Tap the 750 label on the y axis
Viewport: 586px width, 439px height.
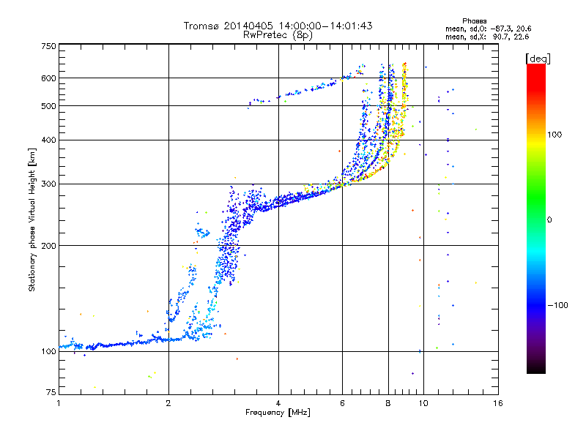coord(48,46)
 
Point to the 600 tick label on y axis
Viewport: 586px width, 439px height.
coord(48,78)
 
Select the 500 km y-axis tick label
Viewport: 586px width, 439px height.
coord(48,106)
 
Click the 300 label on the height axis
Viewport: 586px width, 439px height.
coord(48,184)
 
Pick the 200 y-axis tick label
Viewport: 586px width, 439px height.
coord(48,246)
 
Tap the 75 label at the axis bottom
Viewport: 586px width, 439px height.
coord(51,392)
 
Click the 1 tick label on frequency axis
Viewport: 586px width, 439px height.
coord(59,403)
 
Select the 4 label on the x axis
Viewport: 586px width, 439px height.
coord(278,403)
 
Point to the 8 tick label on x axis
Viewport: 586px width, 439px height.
coord(388,403)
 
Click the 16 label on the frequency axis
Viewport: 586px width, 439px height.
coord(498,403)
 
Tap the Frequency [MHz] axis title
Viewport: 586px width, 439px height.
coord(278,413)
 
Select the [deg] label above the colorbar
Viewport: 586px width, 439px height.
coord(538,59)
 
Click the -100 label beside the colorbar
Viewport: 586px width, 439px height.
coord(557,305)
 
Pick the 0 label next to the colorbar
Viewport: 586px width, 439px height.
coord(549,220)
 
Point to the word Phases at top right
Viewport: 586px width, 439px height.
coord(474,21)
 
